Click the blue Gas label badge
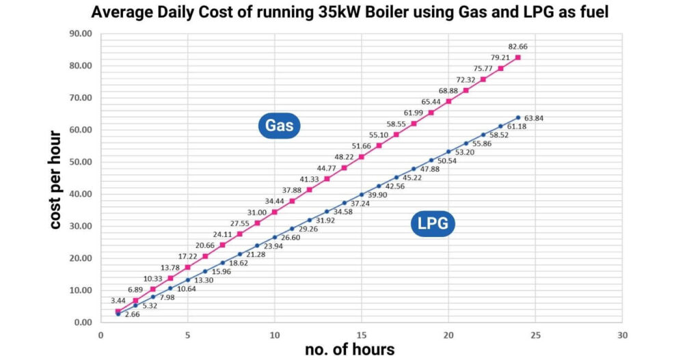point(280,126)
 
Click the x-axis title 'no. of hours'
point(349,349)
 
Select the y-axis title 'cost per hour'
point(55,180)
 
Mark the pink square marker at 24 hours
point(517,57)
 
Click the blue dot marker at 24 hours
point(517,117)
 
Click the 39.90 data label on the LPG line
point(377,195)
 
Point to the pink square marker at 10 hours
point(274,212)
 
